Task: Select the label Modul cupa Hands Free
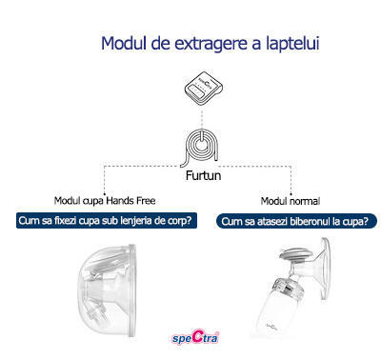click(105, 202)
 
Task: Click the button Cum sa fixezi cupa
click(105, 222)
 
